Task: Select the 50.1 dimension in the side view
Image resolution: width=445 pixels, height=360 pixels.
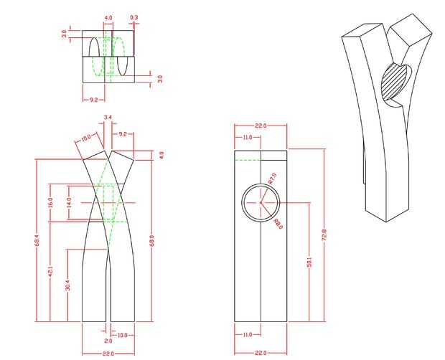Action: [x=309, y=264]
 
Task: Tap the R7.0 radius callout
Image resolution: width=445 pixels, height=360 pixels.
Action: [x=272, y=178]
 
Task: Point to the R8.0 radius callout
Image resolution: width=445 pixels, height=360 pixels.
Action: [x=278, y=224]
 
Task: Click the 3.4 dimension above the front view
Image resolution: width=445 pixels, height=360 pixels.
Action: [x=108, y=117]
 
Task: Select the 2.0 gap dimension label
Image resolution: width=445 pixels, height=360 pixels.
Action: [x=108, y=331]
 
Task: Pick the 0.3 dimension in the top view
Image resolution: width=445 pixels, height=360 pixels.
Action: [x=134, y=16]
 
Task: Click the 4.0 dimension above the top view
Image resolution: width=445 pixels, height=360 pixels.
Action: [x=108, y=16]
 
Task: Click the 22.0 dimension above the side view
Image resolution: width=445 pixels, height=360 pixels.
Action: [x=261, y=126]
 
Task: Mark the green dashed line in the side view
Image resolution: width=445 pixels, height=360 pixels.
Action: [x=247, y=160]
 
